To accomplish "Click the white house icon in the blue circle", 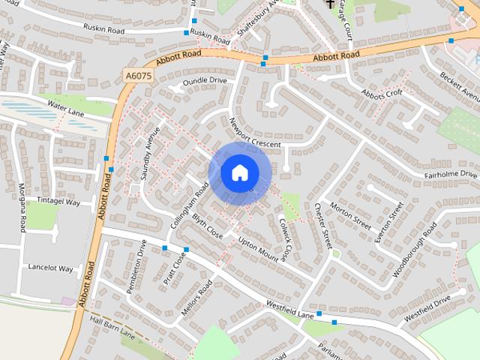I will coord(239,172).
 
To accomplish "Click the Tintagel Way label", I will coord(58,202).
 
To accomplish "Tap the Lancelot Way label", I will coord(50,268).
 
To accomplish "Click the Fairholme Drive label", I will coord(450,175).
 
